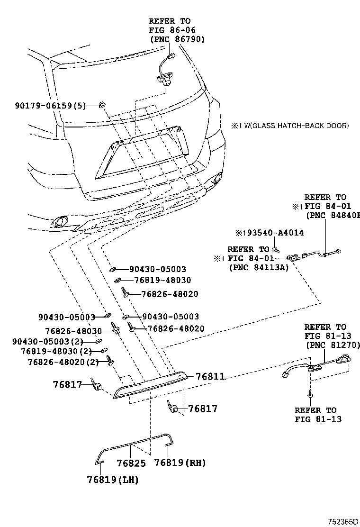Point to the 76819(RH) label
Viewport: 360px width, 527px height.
point(180,463)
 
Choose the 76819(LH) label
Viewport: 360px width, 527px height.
point(112,480)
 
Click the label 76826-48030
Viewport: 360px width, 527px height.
point(73,331)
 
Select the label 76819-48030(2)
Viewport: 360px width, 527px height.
point(56,351)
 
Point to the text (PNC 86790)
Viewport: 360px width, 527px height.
point(177,40)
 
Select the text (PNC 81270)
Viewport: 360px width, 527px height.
point(332,345)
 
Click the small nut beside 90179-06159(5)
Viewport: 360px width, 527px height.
point(101,105)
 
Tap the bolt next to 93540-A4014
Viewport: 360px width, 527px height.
point(276,248)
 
